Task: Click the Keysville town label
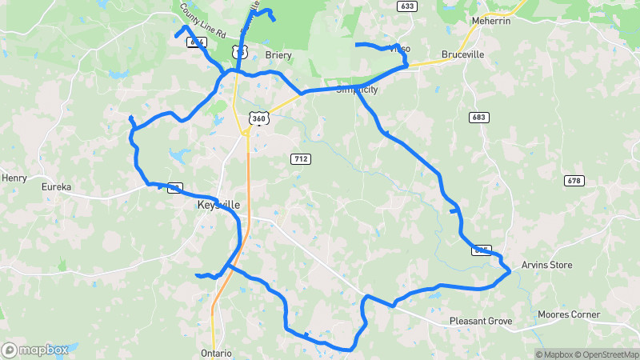[218, 205]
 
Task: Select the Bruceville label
[462, 56]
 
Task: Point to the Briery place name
[278, 55]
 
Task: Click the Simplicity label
[356, 90]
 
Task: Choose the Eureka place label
[57, 187]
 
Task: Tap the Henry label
[14, 178]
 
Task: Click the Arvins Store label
[547, 265]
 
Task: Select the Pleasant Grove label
[480, 321]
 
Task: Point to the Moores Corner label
[569, 314]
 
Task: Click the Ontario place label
[216, 353]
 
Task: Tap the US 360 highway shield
[258, 118]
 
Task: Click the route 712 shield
[300, 159]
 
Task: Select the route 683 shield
[478, 118]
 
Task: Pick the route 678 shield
[573, 180]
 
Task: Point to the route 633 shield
[407, 6]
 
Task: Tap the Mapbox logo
[34, 350]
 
